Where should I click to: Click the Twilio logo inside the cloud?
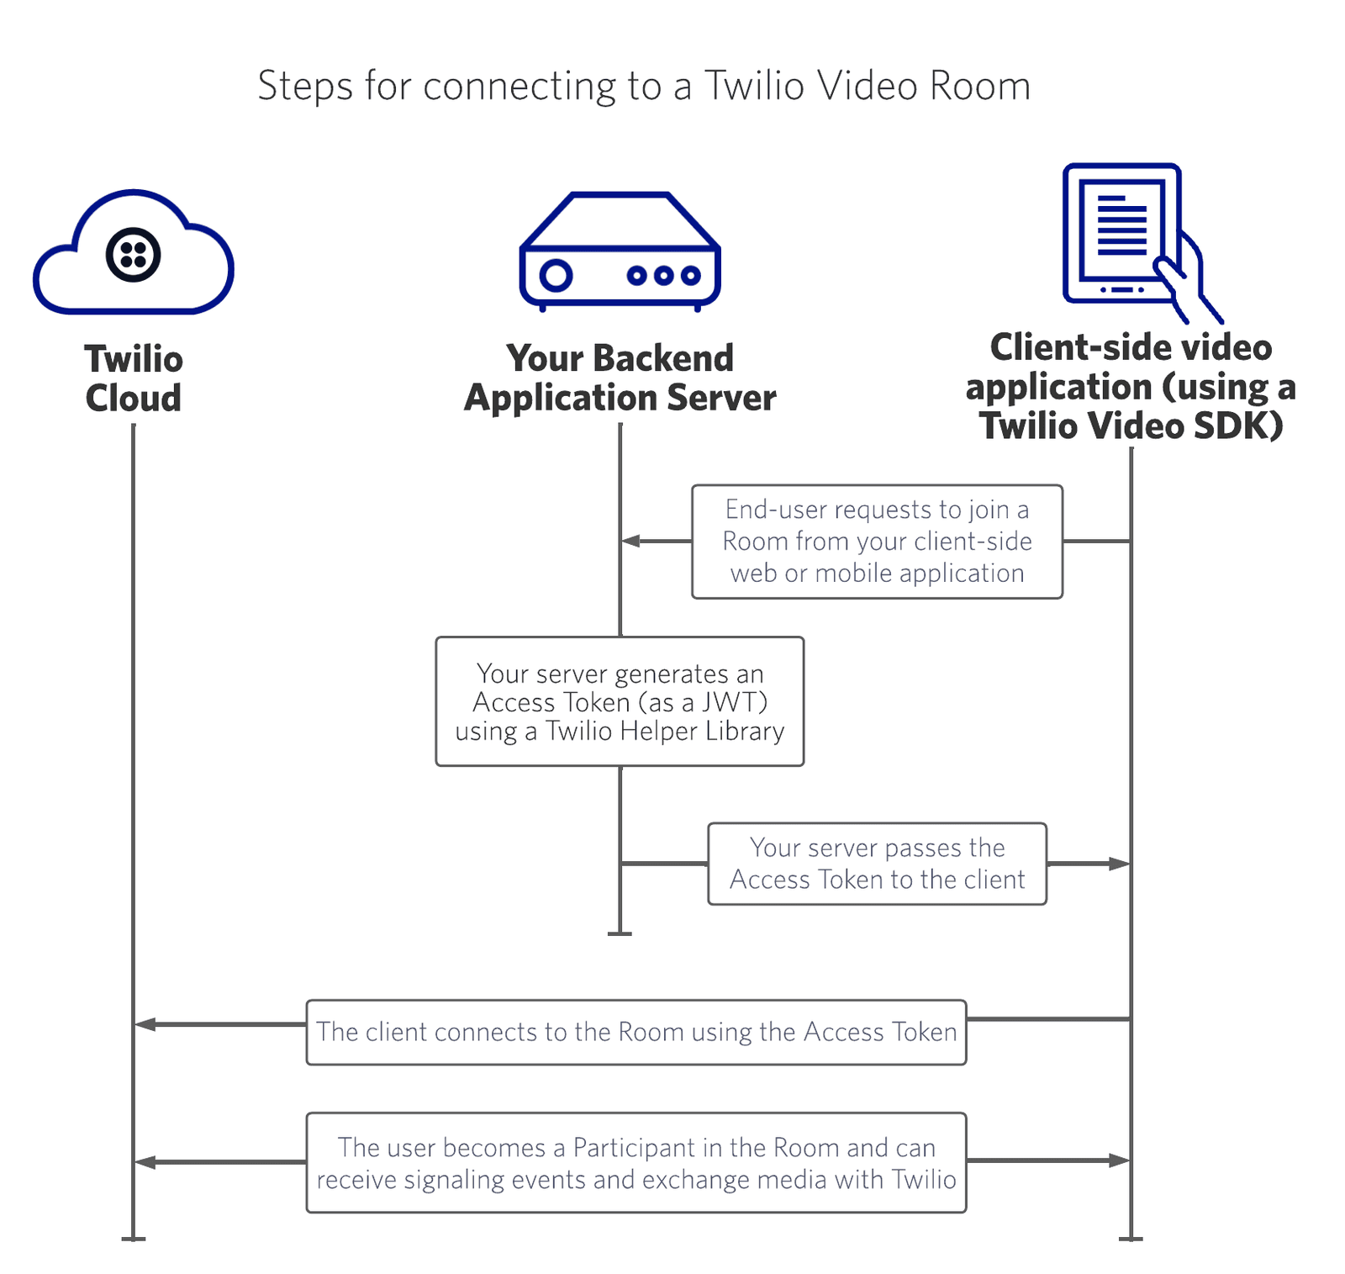[133, 254]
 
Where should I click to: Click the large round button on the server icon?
[556, 275]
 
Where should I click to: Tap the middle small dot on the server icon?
[664, 275]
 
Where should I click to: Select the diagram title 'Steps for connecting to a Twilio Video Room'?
[643, 86]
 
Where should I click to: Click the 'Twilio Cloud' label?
[133, 378]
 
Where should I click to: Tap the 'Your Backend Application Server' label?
[620, 378]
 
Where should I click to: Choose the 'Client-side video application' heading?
[1131, 386]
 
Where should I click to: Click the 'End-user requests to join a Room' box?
[877, 542]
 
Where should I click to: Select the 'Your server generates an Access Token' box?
[620, 701]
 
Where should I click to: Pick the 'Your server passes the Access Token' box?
[877, 864]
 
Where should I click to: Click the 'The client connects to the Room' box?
[636, 1032]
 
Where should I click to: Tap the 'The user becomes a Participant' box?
[636, 1163]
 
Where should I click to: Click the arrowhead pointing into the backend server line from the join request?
[630, 541]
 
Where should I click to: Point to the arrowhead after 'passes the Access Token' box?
[1120, 864]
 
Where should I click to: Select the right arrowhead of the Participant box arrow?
[1120, 1160]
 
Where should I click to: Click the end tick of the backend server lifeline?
[620, 933]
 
